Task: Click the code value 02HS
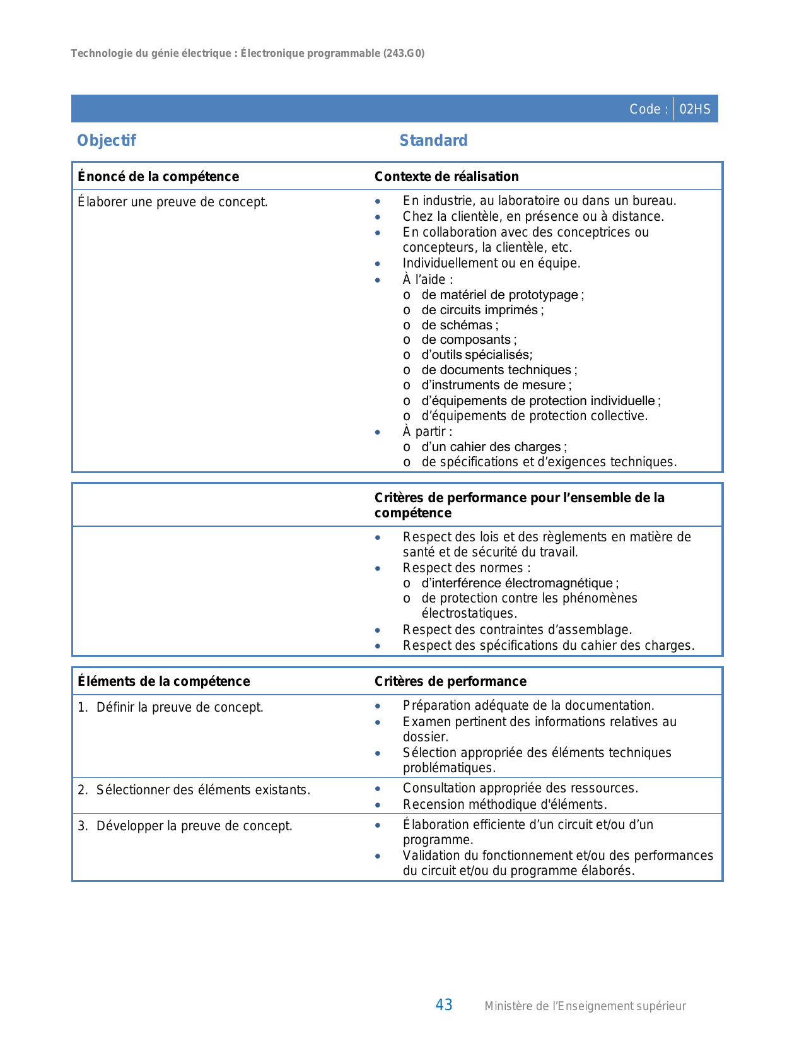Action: point(695,109)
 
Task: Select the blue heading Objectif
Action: point(106,141)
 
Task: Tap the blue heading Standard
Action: point(433,141)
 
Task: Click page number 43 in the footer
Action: point(444,1005)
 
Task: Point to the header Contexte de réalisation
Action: point(446,177)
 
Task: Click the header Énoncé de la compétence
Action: point(158,177)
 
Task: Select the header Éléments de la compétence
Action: point(164,681)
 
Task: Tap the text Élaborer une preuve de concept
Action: point(173,202)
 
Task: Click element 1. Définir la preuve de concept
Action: point(170,707)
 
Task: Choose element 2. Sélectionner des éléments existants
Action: point(194,790)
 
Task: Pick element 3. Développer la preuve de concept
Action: point(185,826)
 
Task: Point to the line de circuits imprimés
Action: point(482,310)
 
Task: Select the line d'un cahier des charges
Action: point(493,447)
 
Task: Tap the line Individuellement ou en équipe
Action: point(491,263)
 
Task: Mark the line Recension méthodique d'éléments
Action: point(504,804)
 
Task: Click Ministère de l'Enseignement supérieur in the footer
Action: point(585,1006)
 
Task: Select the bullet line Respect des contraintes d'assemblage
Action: point(517,630)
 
